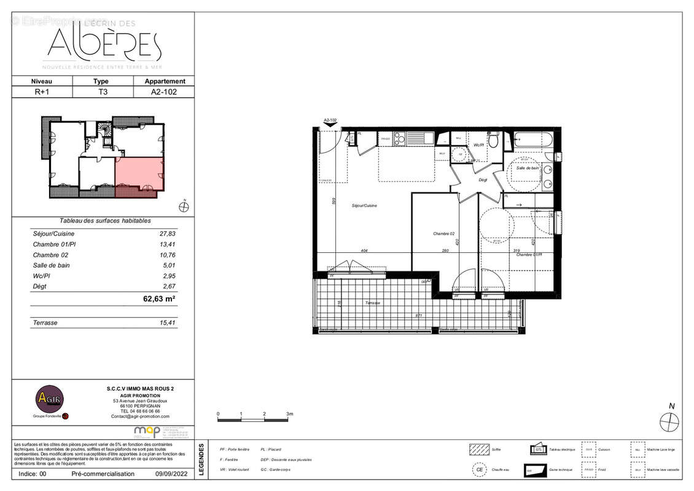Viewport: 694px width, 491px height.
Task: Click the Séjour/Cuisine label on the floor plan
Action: (x=364, y=206)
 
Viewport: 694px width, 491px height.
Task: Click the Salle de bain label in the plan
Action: (x=528, y=168)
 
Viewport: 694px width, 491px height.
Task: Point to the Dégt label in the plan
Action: (x=483, y=180)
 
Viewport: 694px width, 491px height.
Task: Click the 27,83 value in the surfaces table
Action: (x=167, y=234)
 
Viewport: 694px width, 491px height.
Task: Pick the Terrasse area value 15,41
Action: (x=167, y=322)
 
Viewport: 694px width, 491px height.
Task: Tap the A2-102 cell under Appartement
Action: (x=164, y=91)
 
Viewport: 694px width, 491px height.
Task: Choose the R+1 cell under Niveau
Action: (x=42, y=91)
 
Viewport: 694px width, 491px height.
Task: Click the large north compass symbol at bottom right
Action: (x=669, y=422)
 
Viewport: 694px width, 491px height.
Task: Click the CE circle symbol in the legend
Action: (x=478, y=470)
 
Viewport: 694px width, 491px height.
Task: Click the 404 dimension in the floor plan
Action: (x=364, y=251)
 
